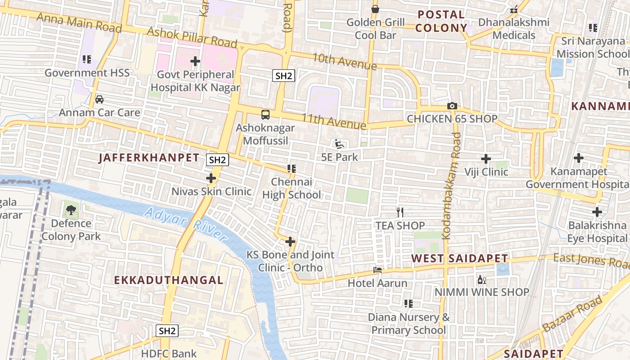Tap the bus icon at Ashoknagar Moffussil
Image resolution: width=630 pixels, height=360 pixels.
coord(265,114)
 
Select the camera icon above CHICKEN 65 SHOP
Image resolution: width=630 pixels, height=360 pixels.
coord(452,106)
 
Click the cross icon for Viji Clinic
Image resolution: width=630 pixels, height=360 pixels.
coord(486,159)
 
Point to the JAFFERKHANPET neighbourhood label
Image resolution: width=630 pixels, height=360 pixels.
coord(149,157)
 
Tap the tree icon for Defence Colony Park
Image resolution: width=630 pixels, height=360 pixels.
coord(71,210)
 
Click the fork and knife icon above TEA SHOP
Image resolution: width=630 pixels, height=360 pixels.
coord(400,212)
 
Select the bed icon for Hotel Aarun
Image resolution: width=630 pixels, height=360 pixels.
coord(378,270)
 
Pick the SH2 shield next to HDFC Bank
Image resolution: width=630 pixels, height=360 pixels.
coord(167,331)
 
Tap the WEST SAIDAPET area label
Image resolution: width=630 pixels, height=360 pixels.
coord(459,259)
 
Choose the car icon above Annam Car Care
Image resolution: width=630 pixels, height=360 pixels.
coord(99,99)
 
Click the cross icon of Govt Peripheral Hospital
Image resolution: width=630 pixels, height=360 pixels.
coord(195,61)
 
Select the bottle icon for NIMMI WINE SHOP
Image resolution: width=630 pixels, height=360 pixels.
coord(481,279)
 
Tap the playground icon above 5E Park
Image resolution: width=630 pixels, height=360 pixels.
coord(340,144)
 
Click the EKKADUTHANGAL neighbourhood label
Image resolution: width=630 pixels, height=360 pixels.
coord(169,280)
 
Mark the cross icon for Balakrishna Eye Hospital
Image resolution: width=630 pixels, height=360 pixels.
coord(597,211)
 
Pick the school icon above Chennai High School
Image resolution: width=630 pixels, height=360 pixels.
coord(291,169)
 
